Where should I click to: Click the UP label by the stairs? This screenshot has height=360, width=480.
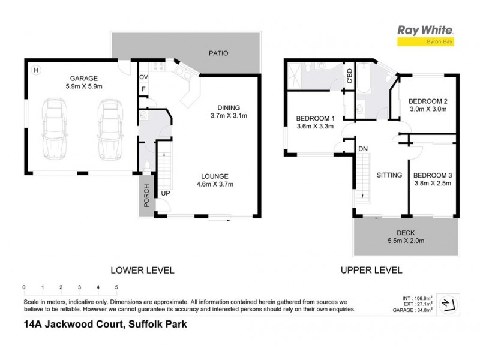click(x=164, y=193)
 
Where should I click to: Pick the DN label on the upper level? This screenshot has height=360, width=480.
click(x=363, y=148)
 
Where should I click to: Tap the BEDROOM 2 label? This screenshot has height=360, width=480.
click(x=427, y=101)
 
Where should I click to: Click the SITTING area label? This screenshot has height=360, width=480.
click(x=389, y=176)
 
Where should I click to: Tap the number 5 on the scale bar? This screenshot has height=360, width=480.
click(x=116, y=287)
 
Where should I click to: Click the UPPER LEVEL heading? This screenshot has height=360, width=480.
click(x=371, y=271)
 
